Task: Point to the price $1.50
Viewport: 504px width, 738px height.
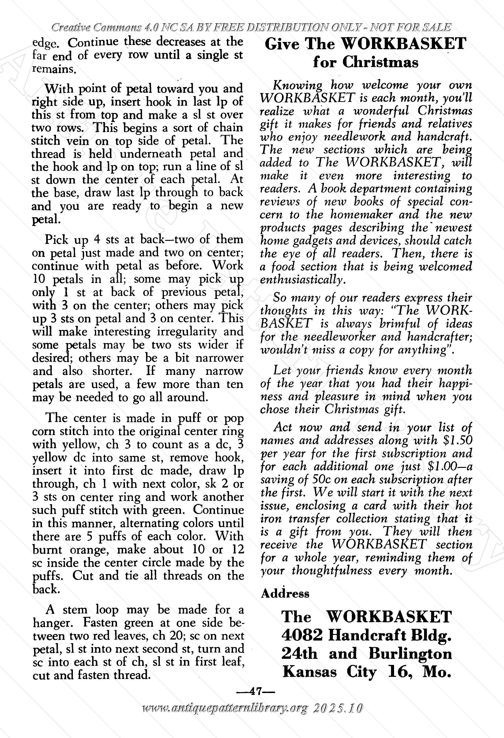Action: coord(457,440)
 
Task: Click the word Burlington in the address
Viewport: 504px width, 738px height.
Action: coord(410,653)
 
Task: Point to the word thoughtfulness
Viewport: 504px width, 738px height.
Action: coord(332,571)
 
